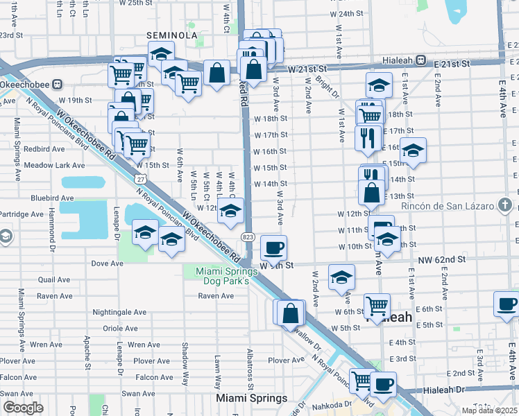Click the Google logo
tap(23, 408)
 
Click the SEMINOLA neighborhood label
tap(172, 35)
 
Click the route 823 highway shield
tap(248, 237)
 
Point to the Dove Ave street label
tap(107, 263)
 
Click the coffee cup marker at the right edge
tap(506, 303)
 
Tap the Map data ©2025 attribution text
tap(490, 409)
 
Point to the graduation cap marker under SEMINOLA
tap(161, 54)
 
